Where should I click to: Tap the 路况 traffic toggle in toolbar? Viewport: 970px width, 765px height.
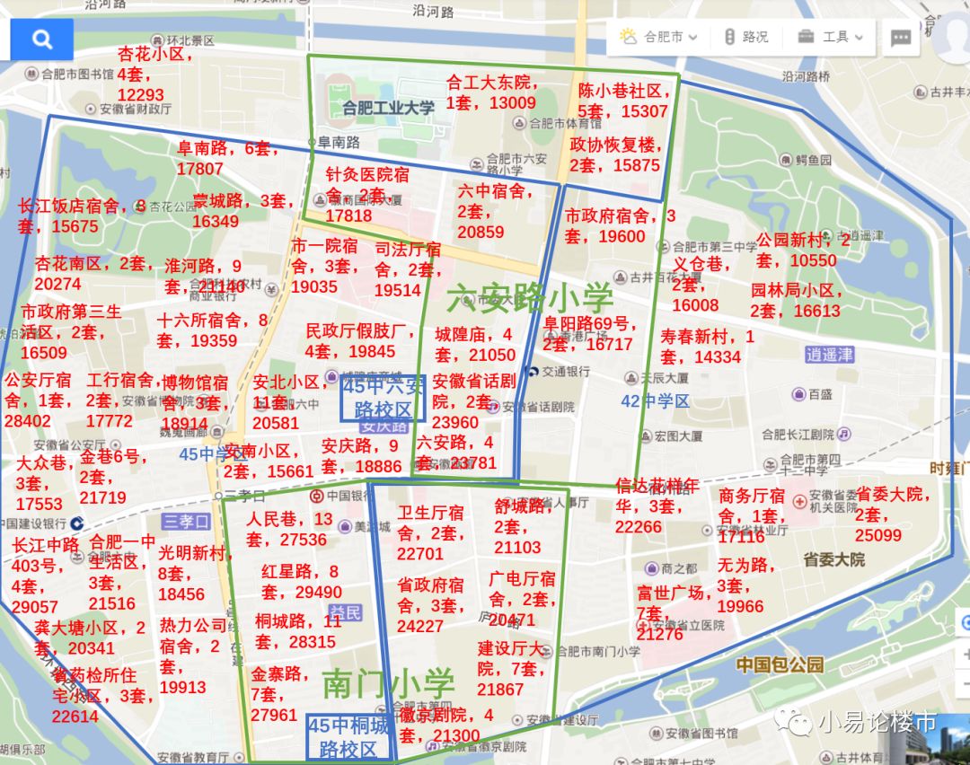click(x=745, y=37)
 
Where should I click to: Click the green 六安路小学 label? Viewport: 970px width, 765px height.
click(x=530, y=298)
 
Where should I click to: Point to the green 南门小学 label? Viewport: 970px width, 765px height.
click(x=388, y=684)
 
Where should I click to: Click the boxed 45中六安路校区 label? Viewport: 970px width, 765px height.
click(x=383, y=398)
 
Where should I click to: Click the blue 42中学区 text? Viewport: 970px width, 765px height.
click(x=656, y=401)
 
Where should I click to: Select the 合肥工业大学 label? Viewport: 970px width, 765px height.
click(x=388, y=108)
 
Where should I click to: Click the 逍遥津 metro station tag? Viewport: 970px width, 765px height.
click(x=829, y=355)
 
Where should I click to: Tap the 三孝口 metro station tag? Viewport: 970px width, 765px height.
click(x=186, y=522)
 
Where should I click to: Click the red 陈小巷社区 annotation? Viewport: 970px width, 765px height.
click(x=623, y=101)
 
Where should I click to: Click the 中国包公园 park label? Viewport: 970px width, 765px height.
click(x=779, y=664)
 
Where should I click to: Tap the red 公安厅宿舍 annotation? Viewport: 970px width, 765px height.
click(x=38, y=400)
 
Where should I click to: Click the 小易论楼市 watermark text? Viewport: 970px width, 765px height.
click(x=877, y=722)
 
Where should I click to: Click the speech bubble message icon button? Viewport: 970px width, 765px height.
click(x=901, y=38)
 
